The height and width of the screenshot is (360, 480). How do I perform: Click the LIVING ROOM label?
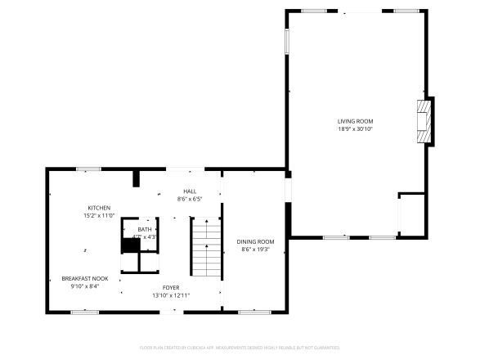pyautogui.click(x=355, y=121)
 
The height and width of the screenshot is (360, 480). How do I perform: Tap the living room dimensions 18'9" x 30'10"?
pyautogui.click(x=355, y=129)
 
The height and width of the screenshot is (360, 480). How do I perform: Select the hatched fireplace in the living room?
pyautogui.click(x=424, y=122)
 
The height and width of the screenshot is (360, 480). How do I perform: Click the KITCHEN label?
pyautogui.click(x=99, y=208)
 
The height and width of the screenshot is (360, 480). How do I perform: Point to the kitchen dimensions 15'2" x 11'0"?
pyautogui.click(x=99, y=216)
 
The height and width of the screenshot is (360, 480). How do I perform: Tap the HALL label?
pyautogui.click(x=189, y=191)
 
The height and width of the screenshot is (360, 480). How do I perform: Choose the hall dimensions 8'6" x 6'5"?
pyautogui.click(x=189, y=199)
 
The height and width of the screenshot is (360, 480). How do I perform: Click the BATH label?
pyautogui.click(x=144, y=230)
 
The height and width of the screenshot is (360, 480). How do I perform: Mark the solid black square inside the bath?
pyautogui.click(x=130, y=245)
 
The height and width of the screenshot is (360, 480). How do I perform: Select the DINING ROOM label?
pyautogui.click(x=255, y=241)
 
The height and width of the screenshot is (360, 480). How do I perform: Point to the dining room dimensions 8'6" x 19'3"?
pyautogui.click(x=255, y=250)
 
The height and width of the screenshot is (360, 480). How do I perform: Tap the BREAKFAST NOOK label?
pyautogui.click(x=85, y=278)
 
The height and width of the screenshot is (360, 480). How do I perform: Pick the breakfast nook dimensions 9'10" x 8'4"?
pyautogui.click(x=85, y=286)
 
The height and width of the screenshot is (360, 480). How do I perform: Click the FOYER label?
pyautogui.click(x=170, y=287)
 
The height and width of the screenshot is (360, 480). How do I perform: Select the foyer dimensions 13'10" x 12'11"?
pyautogui.click(x=170, y=295)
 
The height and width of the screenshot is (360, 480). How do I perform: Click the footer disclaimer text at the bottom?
pyautogui.click(x=240, y=348)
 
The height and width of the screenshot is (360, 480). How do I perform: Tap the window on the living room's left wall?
pyautogui.click(x=286, y=42)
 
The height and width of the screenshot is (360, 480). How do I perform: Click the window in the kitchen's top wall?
pyautogui.click(x=88, y=169)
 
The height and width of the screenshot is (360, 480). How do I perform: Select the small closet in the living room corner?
pyautogui.click(x=411, y=215)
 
